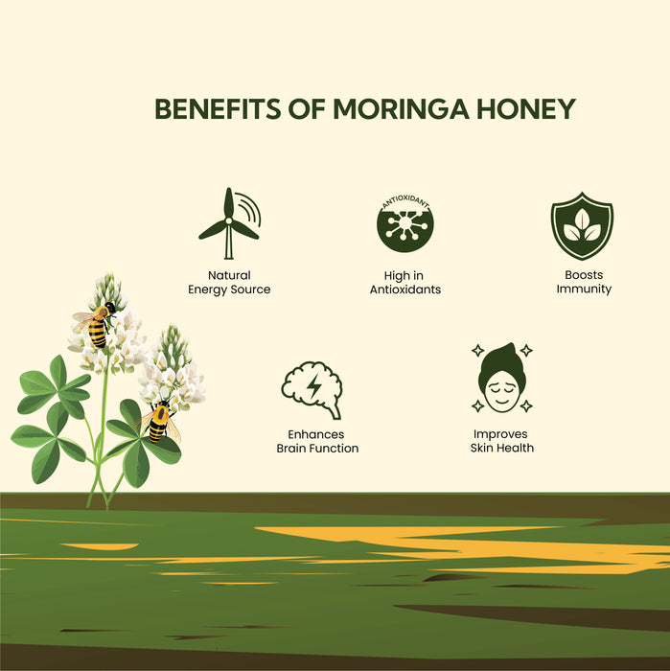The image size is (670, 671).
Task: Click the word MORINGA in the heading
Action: (405, 109)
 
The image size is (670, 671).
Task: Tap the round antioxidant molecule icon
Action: (404, 224)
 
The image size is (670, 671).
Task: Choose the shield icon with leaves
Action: (582, 225)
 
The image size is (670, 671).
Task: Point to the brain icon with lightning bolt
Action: (312, 389)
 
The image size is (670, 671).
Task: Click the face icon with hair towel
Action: (502, 380)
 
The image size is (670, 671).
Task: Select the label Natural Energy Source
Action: (229, 283)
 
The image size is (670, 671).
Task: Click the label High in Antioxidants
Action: (404, 283)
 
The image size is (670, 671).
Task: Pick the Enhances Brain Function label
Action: (317, 441)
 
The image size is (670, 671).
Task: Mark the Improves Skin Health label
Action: (502, 441)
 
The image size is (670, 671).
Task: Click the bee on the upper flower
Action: (97, 325)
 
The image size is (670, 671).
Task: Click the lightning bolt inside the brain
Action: (313, 387)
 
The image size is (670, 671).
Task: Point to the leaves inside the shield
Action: (582, 226)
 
